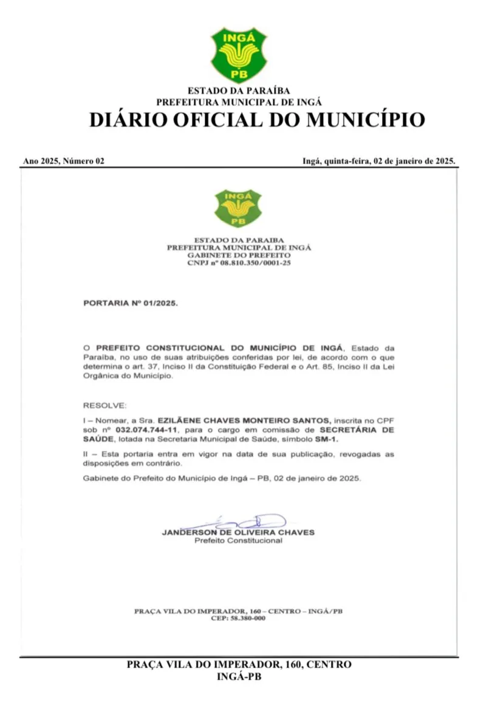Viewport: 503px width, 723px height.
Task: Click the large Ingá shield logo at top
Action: (x=238, y=55)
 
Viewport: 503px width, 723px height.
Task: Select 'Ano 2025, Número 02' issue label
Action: (x=64, y=161)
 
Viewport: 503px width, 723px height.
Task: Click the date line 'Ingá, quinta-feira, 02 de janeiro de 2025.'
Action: (x=378, y=161)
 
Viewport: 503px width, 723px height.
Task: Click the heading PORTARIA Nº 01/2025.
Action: (x=130, y=301)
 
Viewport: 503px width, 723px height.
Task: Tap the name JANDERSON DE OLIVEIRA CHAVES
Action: (x=238, y=533)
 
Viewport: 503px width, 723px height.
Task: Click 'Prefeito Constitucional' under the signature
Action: (x=238, y=540)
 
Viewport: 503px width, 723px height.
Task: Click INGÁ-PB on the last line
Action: (x=239, y=677)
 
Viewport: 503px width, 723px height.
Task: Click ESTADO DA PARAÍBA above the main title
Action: (x=239, y=92)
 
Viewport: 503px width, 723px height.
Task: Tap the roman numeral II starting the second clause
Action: (x=86, y=454)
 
